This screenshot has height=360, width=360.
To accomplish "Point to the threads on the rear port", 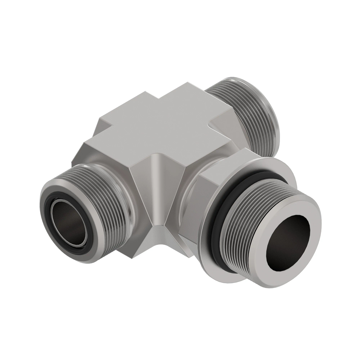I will [x=240, y=105].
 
